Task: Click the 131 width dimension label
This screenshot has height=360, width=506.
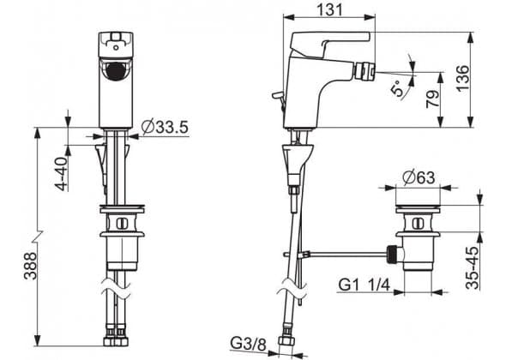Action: click(329, 9)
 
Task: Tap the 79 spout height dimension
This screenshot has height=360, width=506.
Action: click(433, 99)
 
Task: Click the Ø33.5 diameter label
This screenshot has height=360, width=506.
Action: click(165, 127)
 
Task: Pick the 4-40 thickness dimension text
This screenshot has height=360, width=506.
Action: click(61, 173)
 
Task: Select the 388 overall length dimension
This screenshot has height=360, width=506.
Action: click(30, 266)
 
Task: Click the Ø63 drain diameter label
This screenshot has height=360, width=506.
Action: click(419, 177)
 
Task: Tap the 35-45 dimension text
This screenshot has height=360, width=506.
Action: click(472, 267)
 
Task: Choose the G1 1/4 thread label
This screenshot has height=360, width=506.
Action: click(364, 285)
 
